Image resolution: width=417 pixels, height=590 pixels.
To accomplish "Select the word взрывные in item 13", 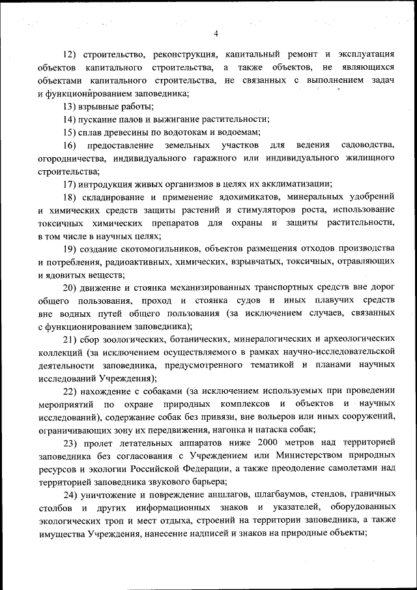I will tap(102, 106).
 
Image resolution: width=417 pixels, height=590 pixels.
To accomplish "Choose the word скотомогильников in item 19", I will tap(163, 250).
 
